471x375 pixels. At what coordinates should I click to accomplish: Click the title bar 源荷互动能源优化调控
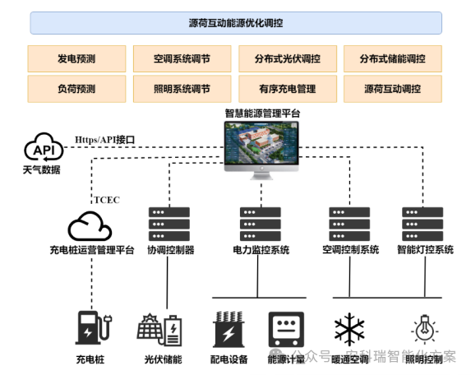pos(236,23)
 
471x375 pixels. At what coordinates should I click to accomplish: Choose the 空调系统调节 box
pos(182,59)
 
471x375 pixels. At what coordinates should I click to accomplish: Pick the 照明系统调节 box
pos(182,89)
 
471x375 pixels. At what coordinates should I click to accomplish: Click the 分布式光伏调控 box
pos(287,59)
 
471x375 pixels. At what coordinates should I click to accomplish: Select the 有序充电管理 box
pos(287,89)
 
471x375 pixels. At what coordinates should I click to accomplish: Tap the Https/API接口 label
pos(107,139)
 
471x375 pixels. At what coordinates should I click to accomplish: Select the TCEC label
pos(107,200)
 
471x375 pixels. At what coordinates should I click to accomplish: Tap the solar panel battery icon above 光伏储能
pos(162,329)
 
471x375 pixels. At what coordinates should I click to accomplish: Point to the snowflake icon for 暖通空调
pos(349,329)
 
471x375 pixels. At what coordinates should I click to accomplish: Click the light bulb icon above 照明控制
pos(425,329)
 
